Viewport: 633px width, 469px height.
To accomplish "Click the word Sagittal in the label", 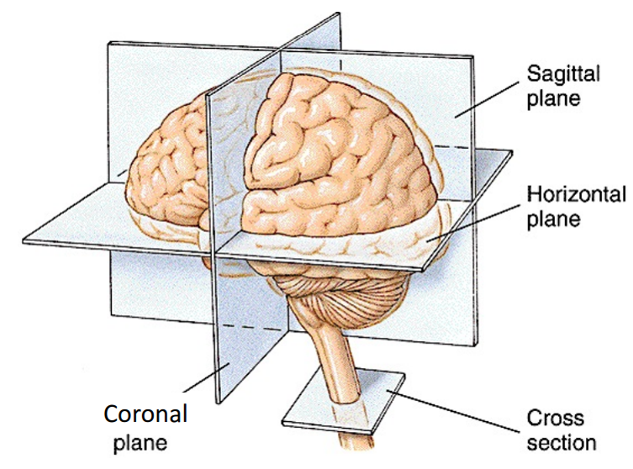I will point(562,73).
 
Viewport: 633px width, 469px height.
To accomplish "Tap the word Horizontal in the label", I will point(576,196).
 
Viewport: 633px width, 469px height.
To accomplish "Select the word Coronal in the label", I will point(145,414).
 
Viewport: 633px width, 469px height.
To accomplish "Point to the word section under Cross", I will point(562,442).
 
